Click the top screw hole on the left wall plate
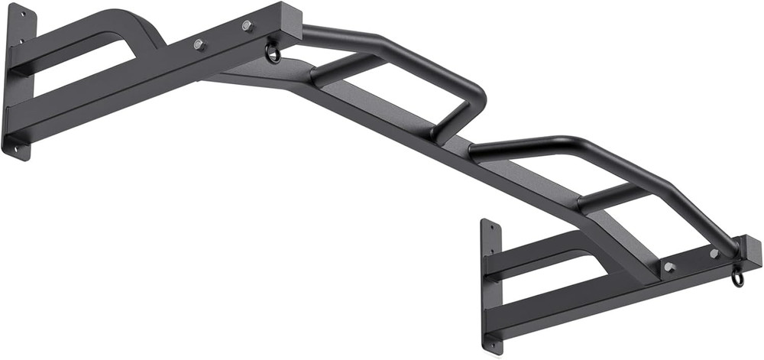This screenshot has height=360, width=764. [x=21, y=15]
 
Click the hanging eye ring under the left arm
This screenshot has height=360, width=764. [x=273, y=54]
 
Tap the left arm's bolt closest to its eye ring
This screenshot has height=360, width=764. [x=247, y=26]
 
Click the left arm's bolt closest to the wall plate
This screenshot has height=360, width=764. [x=199, y=44]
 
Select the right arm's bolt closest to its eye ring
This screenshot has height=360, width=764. [x=714, y=253]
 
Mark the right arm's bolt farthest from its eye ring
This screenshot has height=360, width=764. [x=669, y=268]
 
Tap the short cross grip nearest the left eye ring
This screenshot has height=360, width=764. [x=348, y=67]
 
